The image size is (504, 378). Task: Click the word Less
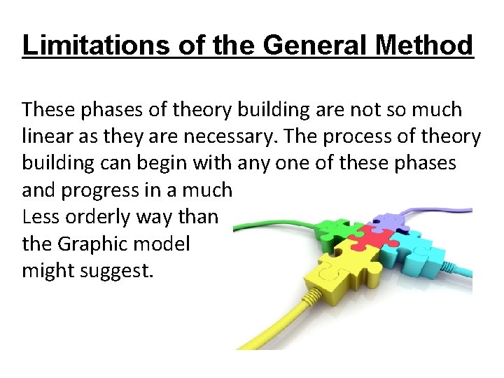(38, 217)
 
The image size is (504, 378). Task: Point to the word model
(165, 244)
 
